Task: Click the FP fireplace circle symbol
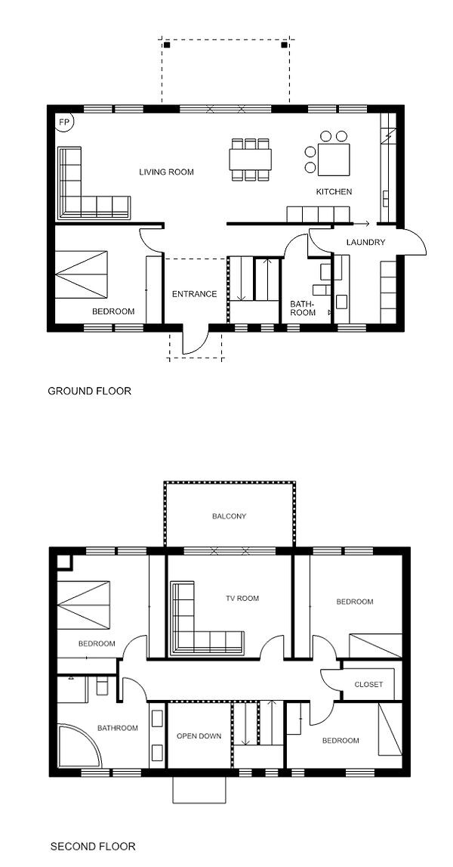[x=65, y=122]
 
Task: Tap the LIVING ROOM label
[x=166, y=172]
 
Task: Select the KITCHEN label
[x=334, y=192]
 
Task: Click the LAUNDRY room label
[x=365, y=242]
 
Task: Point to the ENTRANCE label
[x=195, y=294]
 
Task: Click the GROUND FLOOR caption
[x=90, y=391]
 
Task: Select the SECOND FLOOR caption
[x=93, y=846]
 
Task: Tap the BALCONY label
[x=230, y=516]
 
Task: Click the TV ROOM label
[x=242, y=598]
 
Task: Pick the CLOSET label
[x=368, y=685]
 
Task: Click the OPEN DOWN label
[x=199, y=736]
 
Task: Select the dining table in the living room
[x=250, y=159]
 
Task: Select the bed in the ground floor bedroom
[x=82, y=273]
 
